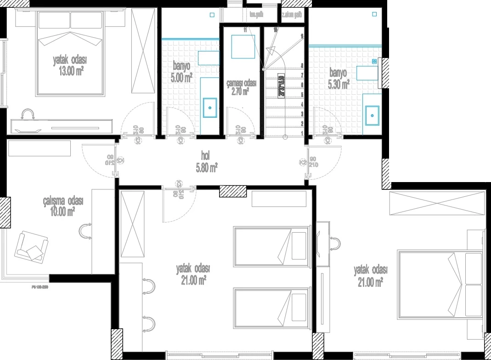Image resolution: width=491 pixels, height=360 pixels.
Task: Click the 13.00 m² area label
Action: [x=70, y=70]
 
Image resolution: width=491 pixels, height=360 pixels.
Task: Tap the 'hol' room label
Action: [x=205, y=155]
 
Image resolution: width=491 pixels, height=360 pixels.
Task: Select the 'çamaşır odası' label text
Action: [x=242, y=83]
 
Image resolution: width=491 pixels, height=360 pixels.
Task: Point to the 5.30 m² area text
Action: [x=339, y=84]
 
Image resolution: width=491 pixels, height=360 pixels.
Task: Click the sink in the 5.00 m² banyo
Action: [x=210, y=108]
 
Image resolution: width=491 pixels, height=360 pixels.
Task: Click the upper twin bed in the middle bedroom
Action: [x=271, y=246]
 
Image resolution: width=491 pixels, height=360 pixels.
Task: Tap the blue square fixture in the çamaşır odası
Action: [x=243, y=46]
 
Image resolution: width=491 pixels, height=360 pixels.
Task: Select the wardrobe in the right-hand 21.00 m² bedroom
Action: [x=436, y=204]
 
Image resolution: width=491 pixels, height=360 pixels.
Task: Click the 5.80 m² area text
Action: [x=206, y=168]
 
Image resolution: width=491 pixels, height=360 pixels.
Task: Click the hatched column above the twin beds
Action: [x=233, y=191]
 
